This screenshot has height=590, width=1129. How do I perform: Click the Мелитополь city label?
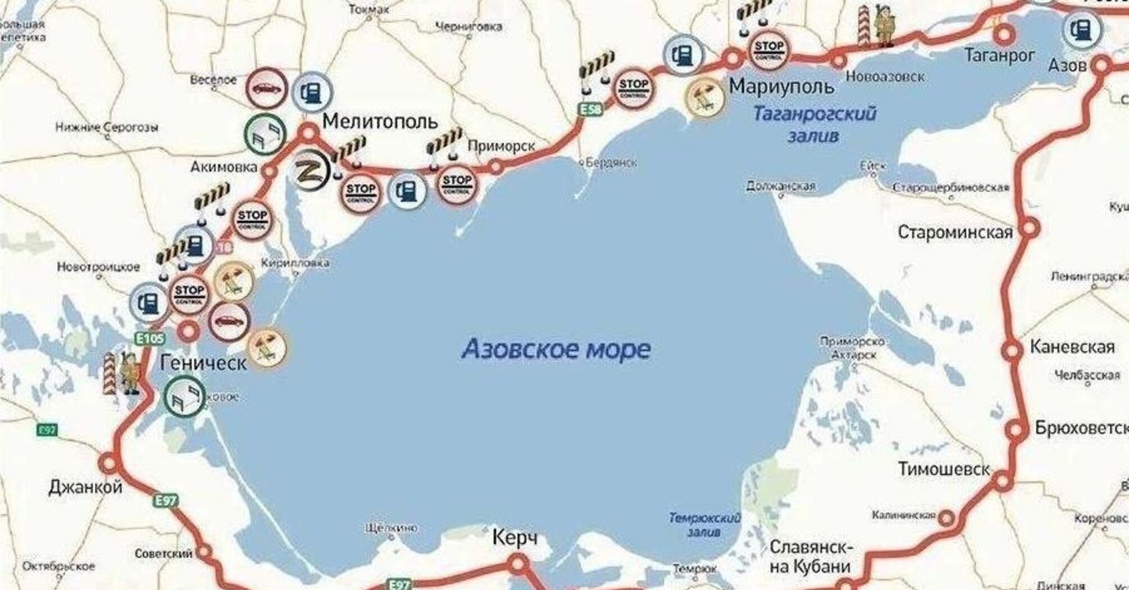tap(380, 121)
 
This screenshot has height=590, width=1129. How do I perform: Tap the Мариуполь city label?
tap(781, 87)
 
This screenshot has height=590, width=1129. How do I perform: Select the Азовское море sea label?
tap(556, 349)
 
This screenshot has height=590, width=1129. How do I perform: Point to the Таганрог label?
tap(999, 55)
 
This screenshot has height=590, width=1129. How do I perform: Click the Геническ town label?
tap(203, 362)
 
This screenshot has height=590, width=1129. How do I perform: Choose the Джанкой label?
tap(85, 487)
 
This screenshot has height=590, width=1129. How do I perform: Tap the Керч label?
tap(515, 538)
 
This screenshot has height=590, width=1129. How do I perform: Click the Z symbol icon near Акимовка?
tap(311, 170)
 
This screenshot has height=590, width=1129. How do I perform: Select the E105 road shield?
tap(150, 338)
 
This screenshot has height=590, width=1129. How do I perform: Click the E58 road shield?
tap(590, 109)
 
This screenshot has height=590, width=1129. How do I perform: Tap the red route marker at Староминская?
tap(1030, 229)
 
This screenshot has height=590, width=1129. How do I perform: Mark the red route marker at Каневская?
tap(1012, 350)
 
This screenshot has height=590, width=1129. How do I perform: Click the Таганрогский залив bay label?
tap(814, 124)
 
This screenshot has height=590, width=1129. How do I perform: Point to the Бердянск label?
tap(611, 163)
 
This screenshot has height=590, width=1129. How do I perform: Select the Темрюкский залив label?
tap(704, 524)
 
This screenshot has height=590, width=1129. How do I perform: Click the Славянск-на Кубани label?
tap(811, 556)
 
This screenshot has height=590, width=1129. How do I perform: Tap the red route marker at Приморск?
tap(495, 167)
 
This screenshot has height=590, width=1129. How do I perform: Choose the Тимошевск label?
tap(944, 469)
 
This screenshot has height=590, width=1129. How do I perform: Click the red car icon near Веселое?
tap(267, 88)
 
